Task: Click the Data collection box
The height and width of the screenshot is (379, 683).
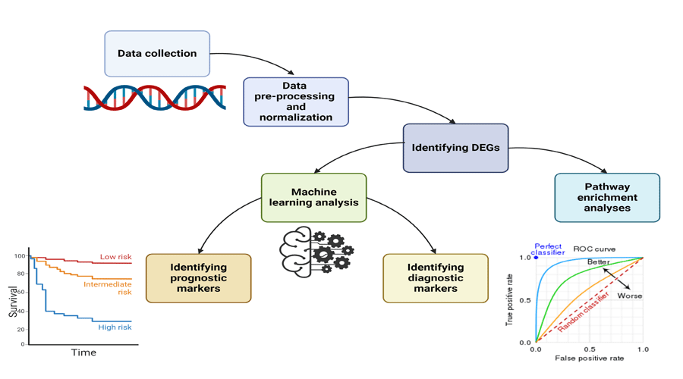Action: tap(157, 54)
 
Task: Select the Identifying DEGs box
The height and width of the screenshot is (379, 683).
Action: tap(455, 148)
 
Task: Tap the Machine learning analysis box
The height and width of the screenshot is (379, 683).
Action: tap(313, 197)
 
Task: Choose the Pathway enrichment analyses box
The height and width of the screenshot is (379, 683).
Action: tap(607, 197)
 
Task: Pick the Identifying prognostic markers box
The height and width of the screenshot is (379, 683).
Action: tap(198, 278)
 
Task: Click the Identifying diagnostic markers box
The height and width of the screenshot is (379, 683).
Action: tap(436, 278)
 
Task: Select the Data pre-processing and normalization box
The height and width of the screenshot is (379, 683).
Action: tap(296, 102)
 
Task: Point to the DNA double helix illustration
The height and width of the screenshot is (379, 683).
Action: tap(155, 98)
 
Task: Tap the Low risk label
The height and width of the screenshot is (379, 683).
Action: tap(115, 257)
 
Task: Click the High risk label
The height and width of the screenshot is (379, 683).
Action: tap(115, 327)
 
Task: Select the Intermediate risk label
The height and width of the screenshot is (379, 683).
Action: tap(108, 288)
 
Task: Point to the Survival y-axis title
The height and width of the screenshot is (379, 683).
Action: tap(13, 301)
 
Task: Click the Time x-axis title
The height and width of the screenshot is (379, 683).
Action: tap(83, 352)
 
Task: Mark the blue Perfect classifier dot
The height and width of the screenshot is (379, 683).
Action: tap(536, 258)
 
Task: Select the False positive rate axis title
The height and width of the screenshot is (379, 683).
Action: tap(589, 358)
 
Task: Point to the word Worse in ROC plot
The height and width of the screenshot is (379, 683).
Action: tap(630, 296)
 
